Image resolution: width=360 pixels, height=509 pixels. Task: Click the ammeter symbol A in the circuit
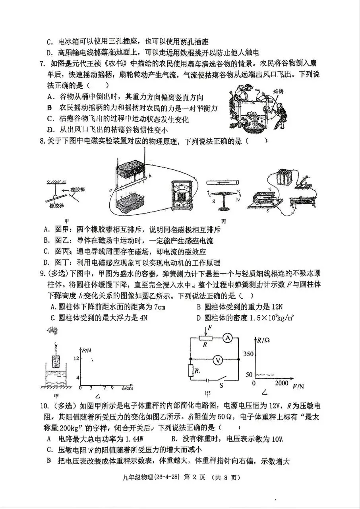pos(227,338)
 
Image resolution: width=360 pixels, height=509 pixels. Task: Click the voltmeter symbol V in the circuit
pos(217,360)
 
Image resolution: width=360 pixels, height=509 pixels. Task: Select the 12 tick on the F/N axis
pos(77,358)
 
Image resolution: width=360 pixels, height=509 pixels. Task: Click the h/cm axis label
pos(128,388)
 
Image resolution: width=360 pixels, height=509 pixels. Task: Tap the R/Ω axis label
pos(263,340)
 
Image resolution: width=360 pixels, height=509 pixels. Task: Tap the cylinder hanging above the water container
pos(56,362)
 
